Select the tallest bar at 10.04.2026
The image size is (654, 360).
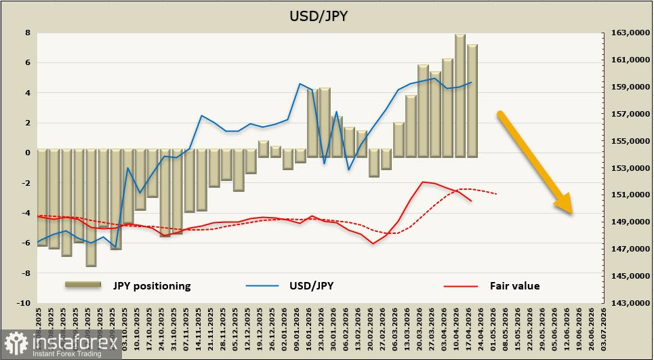tap(459, 95)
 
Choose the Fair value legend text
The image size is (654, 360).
tap(514, 285)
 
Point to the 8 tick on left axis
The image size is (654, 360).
tap(27, 33)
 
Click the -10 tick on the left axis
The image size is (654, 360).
tap(24, 303)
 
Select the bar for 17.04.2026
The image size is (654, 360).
tap(472, 100)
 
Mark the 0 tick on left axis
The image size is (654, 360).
tap(27, 153)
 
